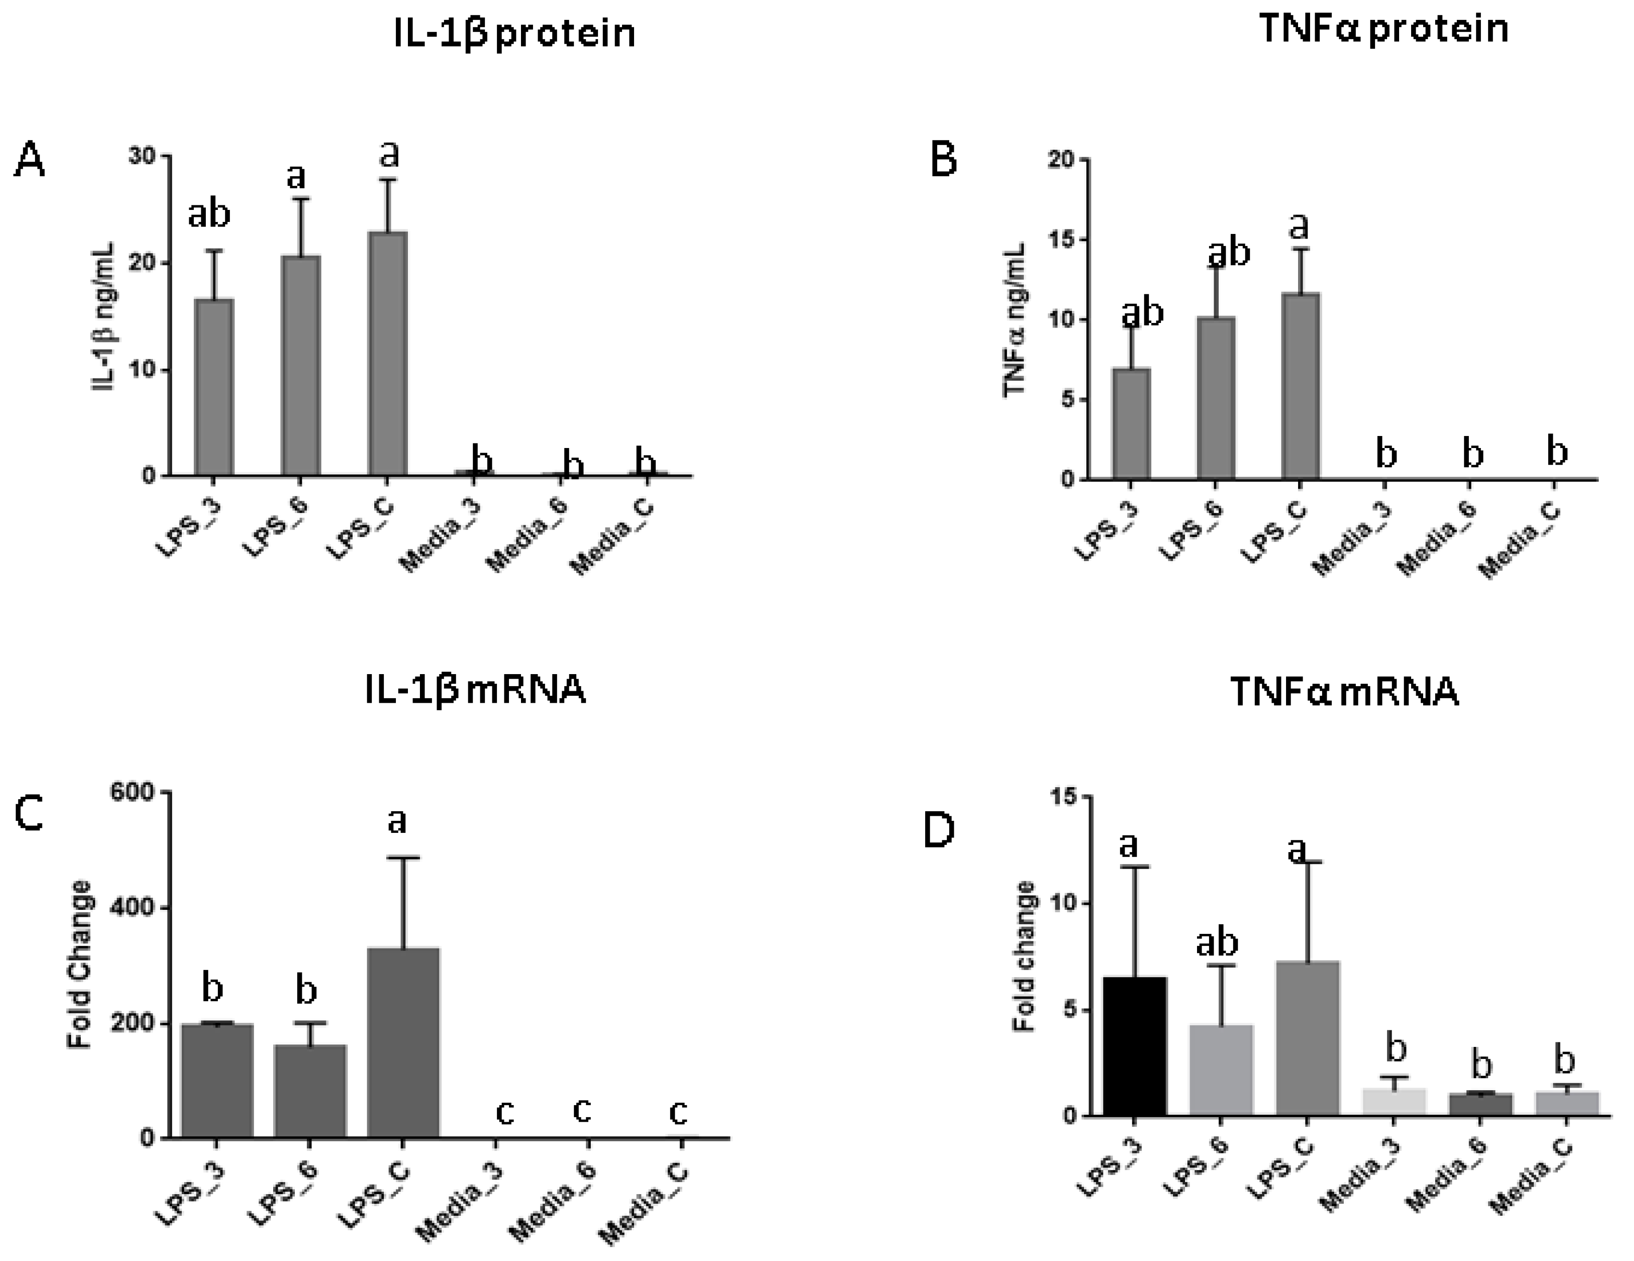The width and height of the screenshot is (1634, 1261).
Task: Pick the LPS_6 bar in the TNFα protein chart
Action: click(1216, 398)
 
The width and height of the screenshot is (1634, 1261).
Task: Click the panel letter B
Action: click(944, 159)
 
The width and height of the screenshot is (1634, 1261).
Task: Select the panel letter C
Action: click(30, 814)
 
